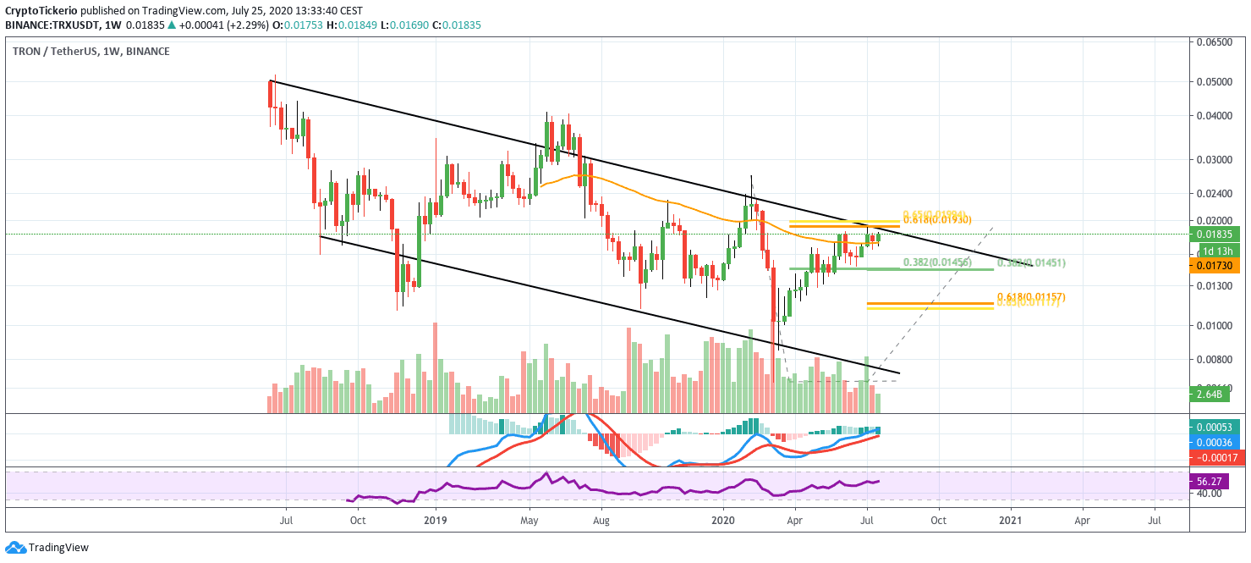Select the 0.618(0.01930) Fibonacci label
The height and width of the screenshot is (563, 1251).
(936, 220)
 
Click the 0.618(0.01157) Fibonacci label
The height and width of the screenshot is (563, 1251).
(1030, 297)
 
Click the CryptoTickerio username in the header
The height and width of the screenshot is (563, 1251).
(41, 9)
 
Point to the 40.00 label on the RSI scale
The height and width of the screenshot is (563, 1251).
(1210, 493)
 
